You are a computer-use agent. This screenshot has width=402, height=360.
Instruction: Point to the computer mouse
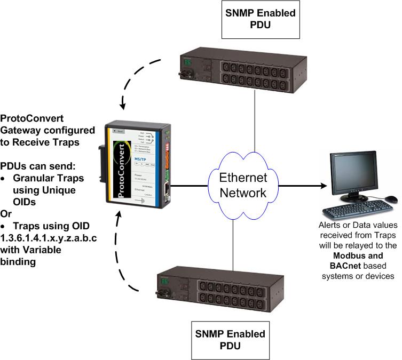pyautogui.click(x=391, y=199)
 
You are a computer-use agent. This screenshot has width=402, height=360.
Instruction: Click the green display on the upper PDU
pyautogui.click(x=186, y=62)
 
